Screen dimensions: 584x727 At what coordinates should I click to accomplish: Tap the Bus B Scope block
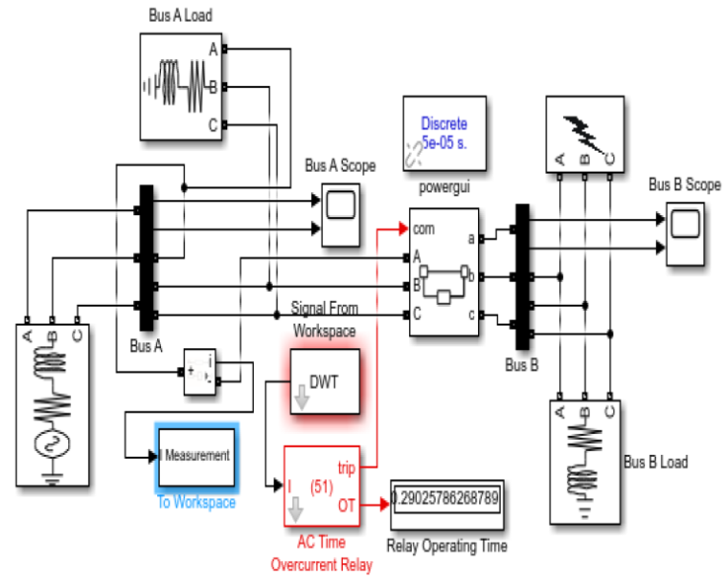tap(683, 232)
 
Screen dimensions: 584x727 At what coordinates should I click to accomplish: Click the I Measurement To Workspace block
tap(196, 457)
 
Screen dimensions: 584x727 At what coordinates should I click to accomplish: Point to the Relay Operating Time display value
tap(445, 499)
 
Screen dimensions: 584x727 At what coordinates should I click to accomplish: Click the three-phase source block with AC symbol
tap(52, 404)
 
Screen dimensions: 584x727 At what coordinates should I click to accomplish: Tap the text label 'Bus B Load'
tap(656, 461)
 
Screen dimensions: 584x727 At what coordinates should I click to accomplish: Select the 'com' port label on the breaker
tap(424, 229)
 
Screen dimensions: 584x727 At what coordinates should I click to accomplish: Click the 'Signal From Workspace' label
tap(325, 320)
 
